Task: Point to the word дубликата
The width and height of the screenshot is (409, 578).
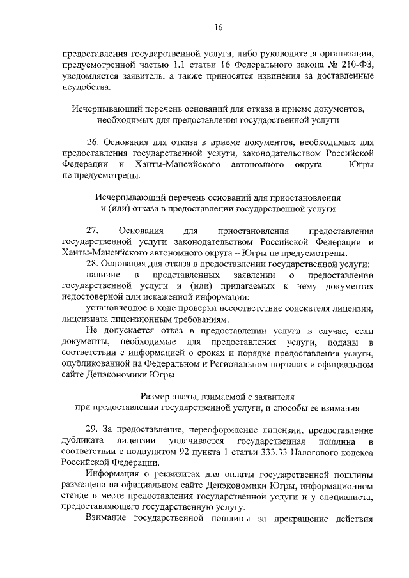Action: tap(82, 441)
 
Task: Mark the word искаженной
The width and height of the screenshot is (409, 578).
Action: tap(165, 297)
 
